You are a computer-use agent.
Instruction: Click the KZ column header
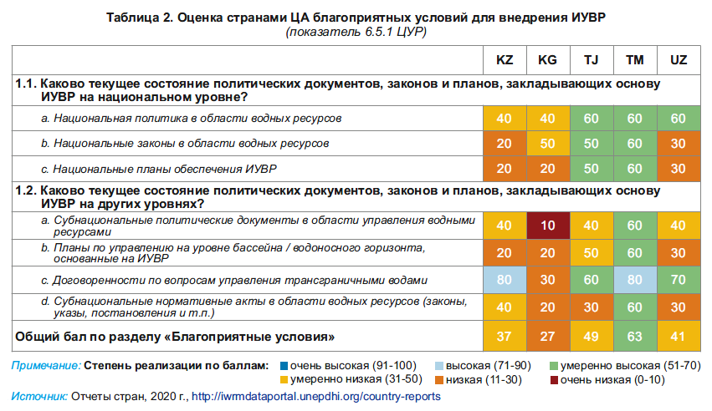[505, 61]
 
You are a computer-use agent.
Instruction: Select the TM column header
[634, 61]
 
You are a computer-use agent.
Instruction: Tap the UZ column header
[679, 61]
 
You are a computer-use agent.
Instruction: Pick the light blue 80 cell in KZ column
[505, 279]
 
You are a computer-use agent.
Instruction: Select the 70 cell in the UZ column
[679, 279]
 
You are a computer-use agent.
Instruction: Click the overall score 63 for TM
[634, 337]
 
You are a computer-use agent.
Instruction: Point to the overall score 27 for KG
[547, 337]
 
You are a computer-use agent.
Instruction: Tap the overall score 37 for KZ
[505, 337]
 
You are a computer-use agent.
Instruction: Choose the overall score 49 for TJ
[591, 337]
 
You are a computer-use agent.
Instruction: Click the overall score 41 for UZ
[679, 337]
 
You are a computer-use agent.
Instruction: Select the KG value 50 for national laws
[547, 144]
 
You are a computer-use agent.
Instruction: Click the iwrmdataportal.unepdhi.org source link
[315, 396]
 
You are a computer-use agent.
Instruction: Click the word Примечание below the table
[47, 366]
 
